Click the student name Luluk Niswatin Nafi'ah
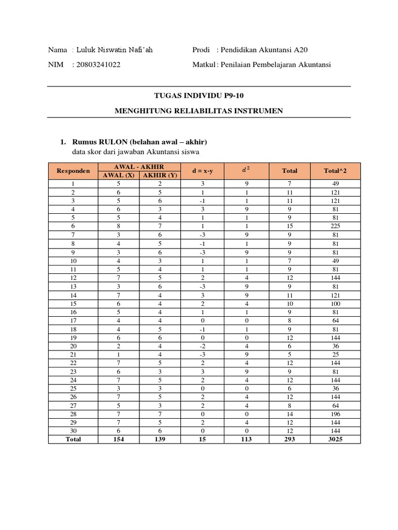(x=115, y=50)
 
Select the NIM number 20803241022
(x=100, y=65)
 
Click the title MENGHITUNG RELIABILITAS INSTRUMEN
(x=199, y=111)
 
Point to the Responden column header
(x=73, y=170)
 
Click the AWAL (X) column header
(x=119, y=175)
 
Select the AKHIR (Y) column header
(x=160, y=175)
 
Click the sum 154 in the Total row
(x=119, y=439)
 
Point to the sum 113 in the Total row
(x=246, y=439)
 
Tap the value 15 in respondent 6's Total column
(x=290, y=226)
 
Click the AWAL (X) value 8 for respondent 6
(x=119, y=226)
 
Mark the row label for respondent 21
(x=73, y=354)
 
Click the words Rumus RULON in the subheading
(x=96, y=142)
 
